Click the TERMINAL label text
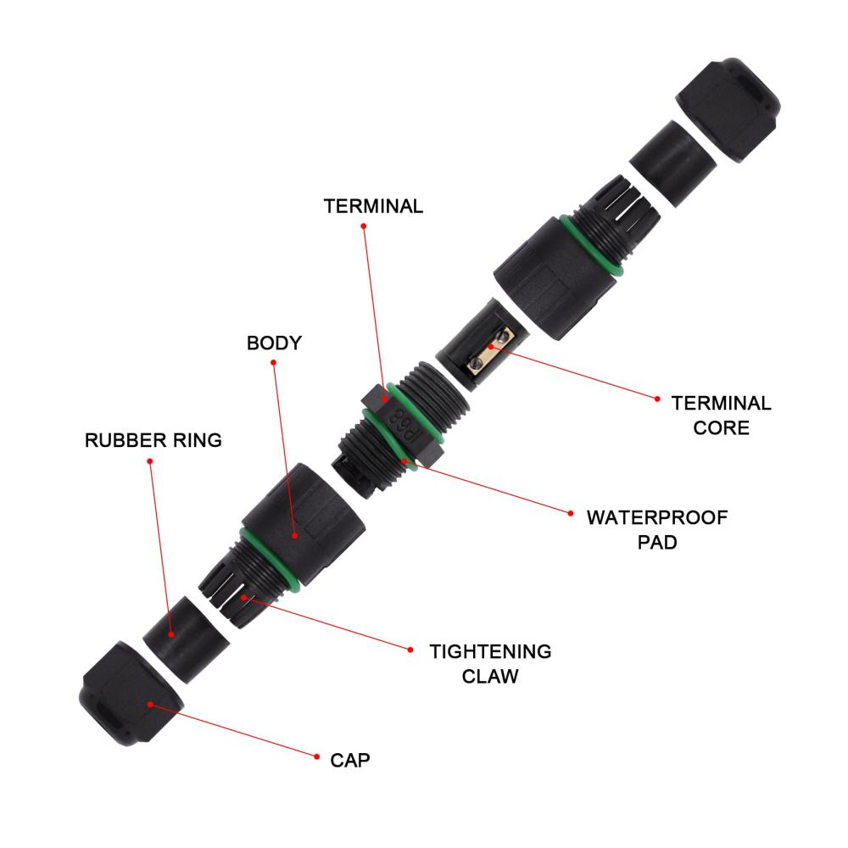[x=373, y=206]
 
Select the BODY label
[x=274, y=343]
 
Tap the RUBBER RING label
[x=153, y=440]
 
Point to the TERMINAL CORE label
[x=721, y=416]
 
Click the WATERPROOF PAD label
[x=657, y=529]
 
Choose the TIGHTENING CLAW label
[x=490, y=664]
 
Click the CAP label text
[x=350, y=761]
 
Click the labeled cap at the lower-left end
[x=131, y=694]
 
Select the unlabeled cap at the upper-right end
[x=728, y=109]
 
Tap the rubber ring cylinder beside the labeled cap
[x=186, y=639]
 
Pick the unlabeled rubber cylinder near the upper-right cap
[x=673, y=164]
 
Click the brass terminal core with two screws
[x=490, y=352]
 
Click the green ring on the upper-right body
[x=592, y=245]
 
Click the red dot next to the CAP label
[x=316, y=756]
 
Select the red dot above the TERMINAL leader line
[x=364, y=226]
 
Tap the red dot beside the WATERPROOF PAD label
[x=571, y=513]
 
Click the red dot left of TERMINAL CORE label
[x=657, y=399]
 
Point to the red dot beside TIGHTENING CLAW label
[x=410, y=650]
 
